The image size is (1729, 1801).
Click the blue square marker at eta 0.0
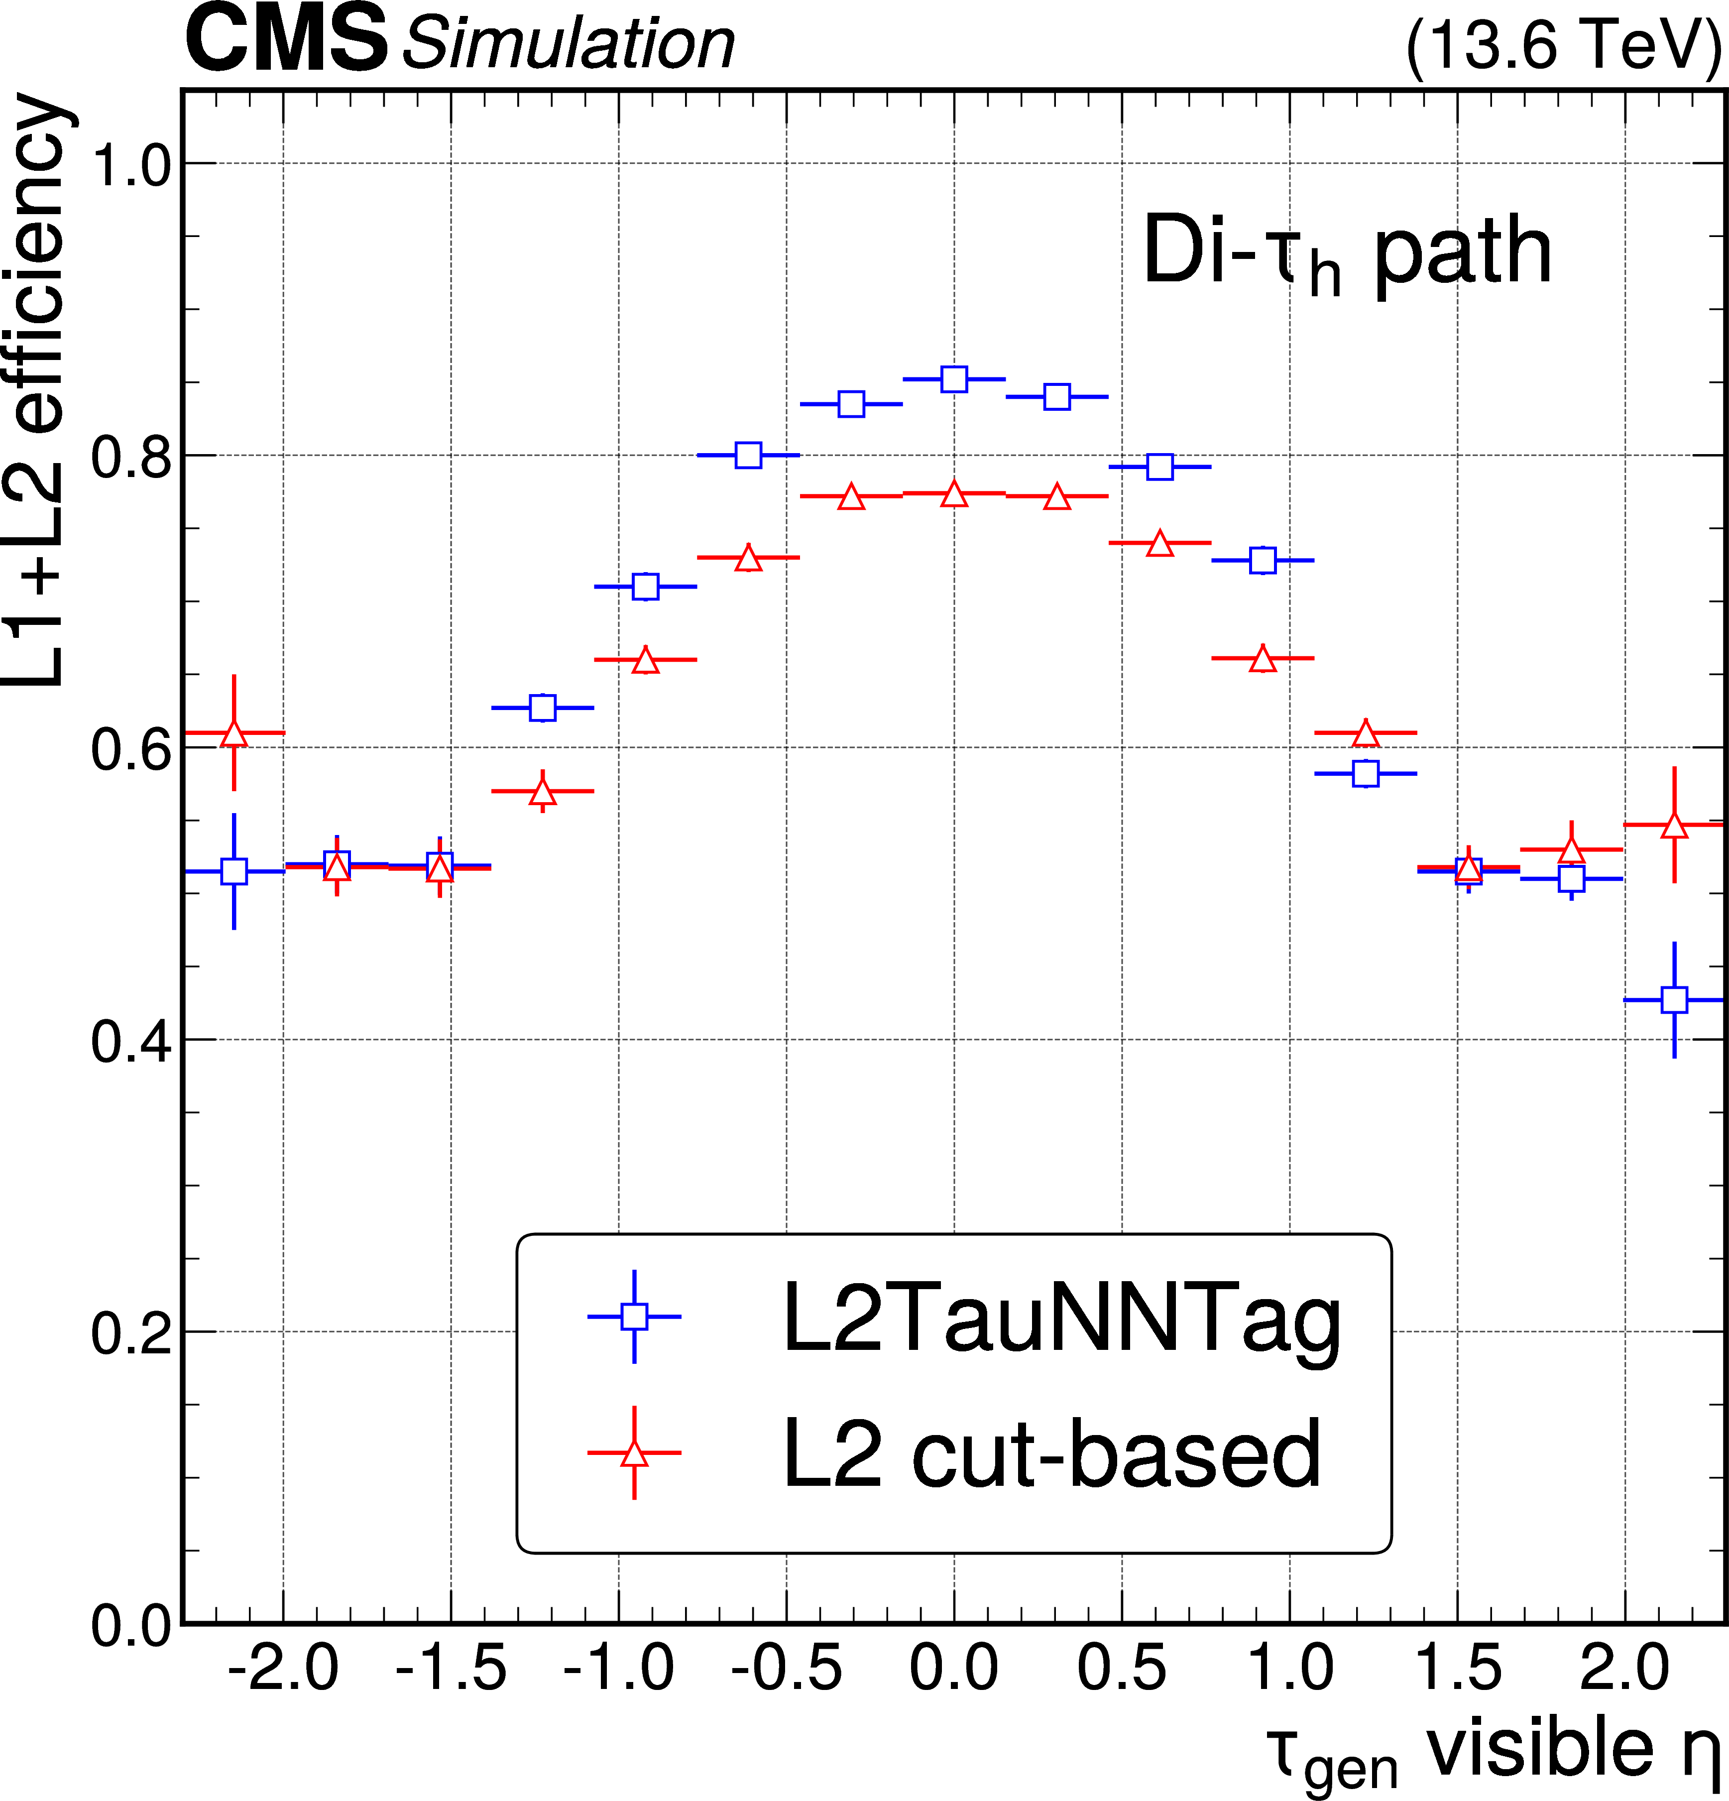[x=954, y=378]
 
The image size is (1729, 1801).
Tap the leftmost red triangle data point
[x=234, y=733]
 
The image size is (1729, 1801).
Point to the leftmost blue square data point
[x=234, y=870]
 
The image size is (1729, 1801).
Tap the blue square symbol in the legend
[x=634, y=1316]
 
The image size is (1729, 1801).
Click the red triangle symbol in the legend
[x=634, y=1453]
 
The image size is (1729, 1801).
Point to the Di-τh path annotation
[x=1346, y=252]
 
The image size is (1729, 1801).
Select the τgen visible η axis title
[x=1493, y=1751]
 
